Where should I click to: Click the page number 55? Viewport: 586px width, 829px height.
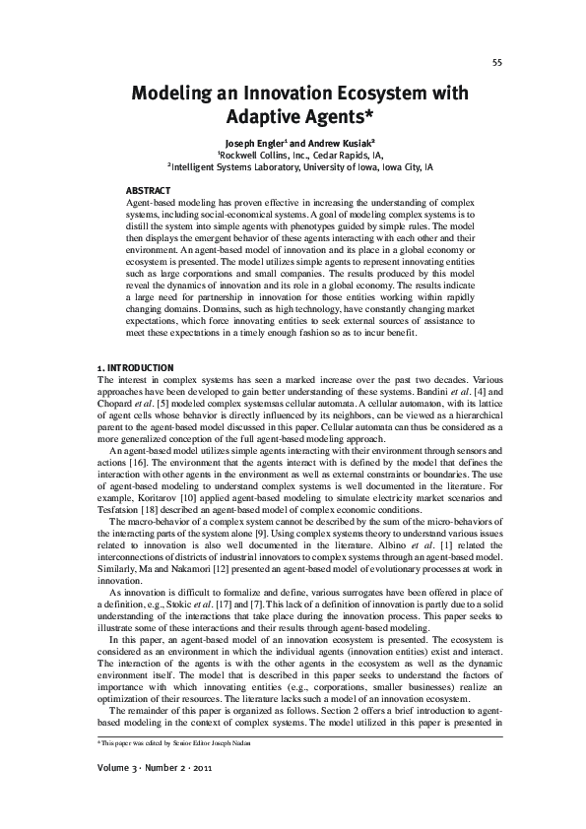click(497, 62)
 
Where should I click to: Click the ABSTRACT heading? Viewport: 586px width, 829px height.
click(149, 189)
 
